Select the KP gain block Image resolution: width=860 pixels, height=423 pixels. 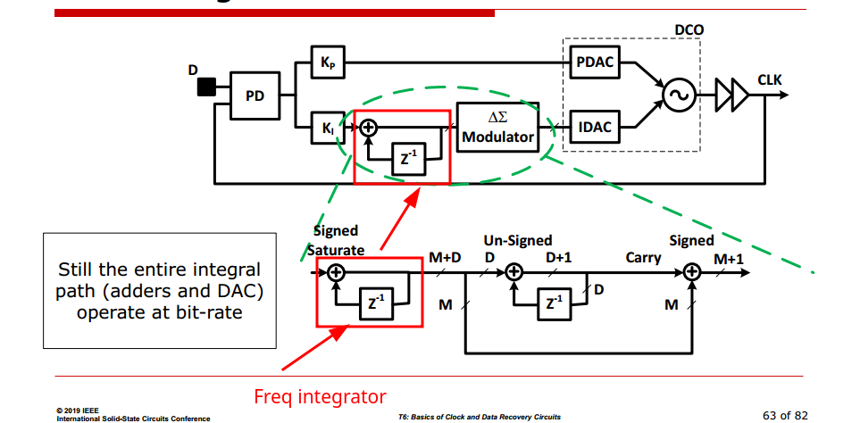[x=327, y=62]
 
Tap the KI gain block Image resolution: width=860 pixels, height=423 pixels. [x=327, y=128]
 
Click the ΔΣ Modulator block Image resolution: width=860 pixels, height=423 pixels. [x=497, y=128]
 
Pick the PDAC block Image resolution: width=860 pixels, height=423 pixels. [x=595, y=62]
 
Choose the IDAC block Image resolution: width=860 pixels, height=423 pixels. [x=595, y=128]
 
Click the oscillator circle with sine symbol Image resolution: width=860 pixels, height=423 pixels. [x=679, y=93]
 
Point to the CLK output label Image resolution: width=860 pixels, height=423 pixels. [x=769, y=80]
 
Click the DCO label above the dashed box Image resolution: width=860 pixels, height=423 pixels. [x=689, y=29]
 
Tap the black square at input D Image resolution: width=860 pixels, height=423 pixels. [x=206, y=86]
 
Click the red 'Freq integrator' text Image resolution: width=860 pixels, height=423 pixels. [x=320, y=396]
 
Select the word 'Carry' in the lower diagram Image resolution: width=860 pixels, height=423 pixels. [x=643, y=258]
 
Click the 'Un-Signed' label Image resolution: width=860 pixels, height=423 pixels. [x=518, y=241]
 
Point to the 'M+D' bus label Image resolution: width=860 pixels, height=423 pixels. [x=445, y=258]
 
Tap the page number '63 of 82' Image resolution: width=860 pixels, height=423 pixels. [x=785, y=415]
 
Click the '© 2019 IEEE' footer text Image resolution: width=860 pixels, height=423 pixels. [x=78, y=411]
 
